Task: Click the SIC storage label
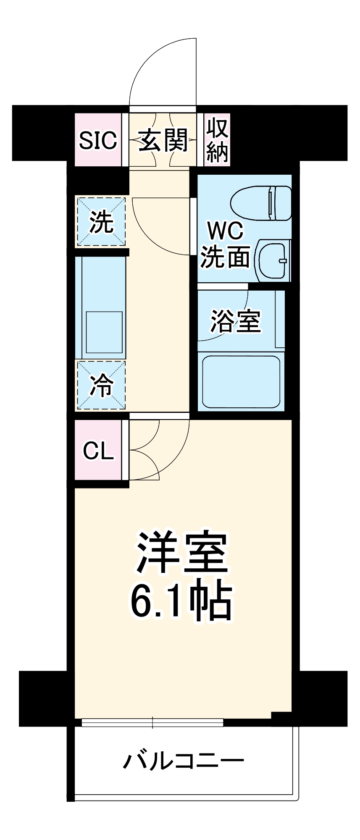tap(98, 140)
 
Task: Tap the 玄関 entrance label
tap(163, 140)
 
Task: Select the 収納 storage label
tap(217, 140)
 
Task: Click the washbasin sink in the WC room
tap(273, 260)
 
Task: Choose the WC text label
tap(226, 231)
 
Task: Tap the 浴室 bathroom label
tap(236, 321)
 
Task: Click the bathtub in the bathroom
tap(241, 381)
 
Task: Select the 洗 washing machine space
tap(101, 221)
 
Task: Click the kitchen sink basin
tap(104, 332)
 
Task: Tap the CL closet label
tap(98, 451)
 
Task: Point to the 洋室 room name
tap(181, 553)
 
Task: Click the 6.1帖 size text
tap(181, 601)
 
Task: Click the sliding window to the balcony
tap(152, 723)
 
